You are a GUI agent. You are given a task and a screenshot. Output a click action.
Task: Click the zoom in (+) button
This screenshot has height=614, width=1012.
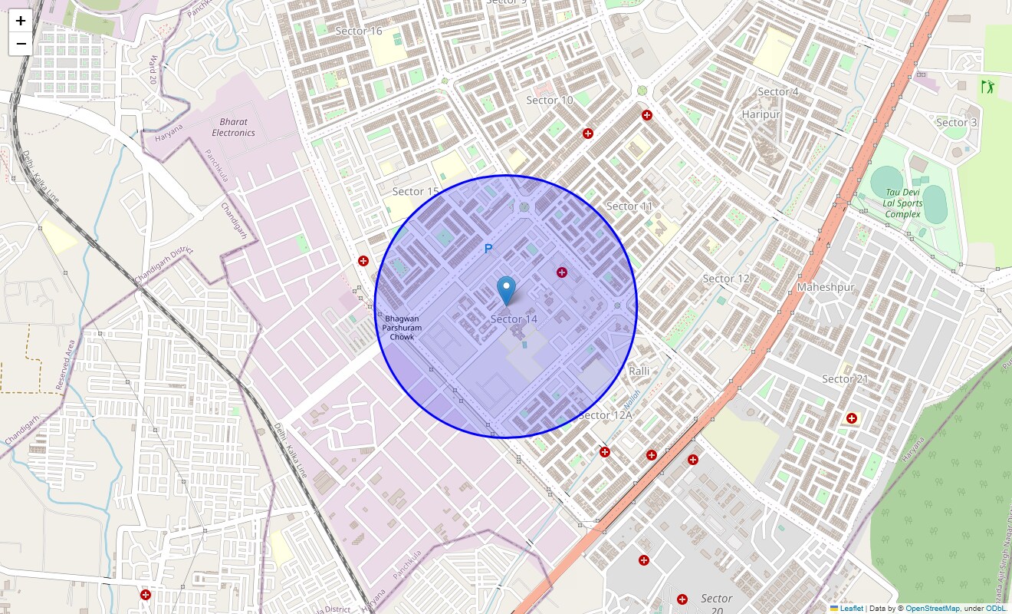point(21,21)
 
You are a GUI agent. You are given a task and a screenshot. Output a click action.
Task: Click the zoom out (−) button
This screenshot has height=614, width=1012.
point(21,44)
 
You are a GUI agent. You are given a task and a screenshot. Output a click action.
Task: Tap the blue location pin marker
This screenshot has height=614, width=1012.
point(506,291)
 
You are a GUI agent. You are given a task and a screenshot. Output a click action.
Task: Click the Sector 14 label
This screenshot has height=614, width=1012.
point(514,319)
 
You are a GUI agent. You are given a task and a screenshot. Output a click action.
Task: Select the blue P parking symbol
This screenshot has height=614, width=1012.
point(488,249)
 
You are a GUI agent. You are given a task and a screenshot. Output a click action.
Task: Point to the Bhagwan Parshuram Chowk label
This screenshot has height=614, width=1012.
point(402,328)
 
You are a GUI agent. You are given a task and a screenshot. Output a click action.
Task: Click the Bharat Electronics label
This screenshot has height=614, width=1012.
point(233,127)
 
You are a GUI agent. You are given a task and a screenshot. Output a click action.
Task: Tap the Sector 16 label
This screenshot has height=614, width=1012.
point(359,31)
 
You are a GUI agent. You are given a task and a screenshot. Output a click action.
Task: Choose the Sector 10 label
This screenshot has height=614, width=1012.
point(549,101)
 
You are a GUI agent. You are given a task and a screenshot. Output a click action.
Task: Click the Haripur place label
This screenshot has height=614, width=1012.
point(761,114)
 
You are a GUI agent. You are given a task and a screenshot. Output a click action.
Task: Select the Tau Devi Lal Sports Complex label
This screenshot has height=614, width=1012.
point(902,203)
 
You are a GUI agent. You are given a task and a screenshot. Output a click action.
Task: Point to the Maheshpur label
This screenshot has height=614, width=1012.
point(825,287)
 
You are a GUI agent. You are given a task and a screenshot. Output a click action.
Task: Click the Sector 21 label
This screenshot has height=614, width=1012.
point(844,379)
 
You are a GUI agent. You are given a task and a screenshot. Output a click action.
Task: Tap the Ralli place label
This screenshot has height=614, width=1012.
point(639,371)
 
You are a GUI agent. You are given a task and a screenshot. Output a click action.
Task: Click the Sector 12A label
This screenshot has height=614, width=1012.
point(605,415)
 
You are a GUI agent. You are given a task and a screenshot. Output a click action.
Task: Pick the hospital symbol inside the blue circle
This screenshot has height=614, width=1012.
point(562,272)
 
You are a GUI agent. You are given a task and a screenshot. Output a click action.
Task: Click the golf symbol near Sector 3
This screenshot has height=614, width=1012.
point(987,87)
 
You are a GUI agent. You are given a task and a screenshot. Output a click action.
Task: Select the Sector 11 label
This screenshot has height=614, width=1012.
point(629,206)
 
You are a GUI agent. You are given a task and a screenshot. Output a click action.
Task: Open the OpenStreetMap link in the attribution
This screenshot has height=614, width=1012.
point(932,609)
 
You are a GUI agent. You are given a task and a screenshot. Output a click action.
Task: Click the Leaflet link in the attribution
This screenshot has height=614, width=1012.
point(851,609)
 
